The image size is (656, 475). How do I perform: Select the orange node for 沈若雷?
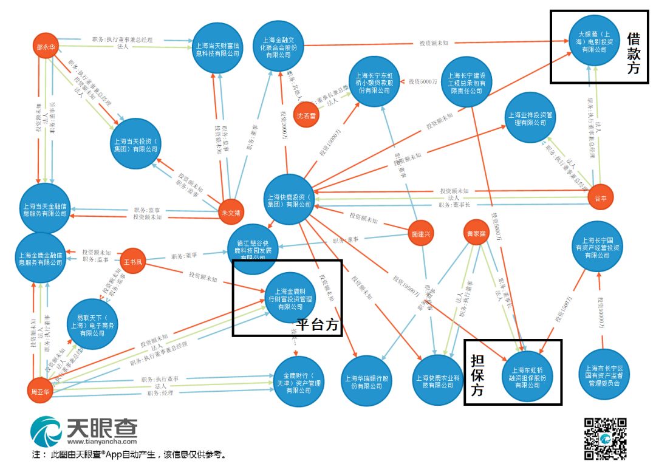[306, 115]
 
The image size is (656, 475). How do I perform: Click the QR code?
[605, 439]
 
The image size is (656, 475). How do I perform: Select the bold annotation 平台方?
[316, 324]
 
